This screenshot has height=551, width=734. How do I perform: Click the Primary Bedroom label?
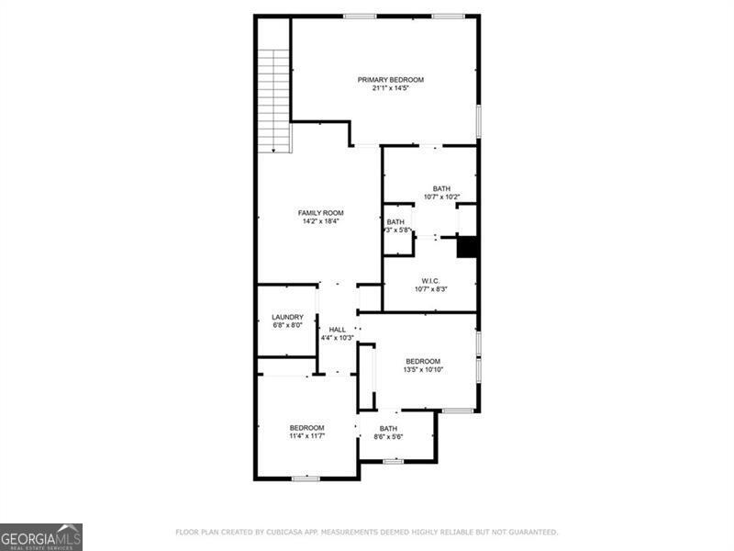point(391,80)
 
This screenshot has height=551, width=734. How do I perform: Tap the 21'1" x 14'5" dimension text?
point(391,89)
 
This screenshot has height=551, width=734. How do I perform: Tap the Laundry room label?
point(287,317)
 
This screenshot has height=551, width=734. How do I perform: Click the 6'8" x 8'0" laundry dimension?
point(287,326)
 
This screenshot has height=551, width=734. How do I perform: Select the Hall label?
point(338,329)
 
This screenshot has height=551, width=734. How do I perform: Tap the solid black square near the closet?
point(468,248)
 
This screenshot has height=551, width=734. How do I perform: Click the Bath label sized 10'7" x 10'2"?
point(442,188)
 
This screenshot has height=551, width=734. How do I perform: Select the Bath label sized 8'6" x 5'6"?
point(389,428)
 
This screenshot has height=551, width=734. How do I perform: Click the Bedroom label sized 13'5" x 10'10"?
point(423,361)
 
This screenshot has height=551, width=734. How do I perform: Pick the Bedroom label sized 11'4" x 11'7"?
point(306,427)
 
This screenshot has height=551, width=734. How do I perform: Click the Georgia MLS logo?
point(41,536)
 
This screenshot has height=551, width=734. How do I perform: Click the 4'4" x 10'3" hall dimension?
point(338,338)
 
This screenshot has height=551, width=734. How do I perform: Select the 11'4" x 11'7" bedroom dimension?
point(306,436)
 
